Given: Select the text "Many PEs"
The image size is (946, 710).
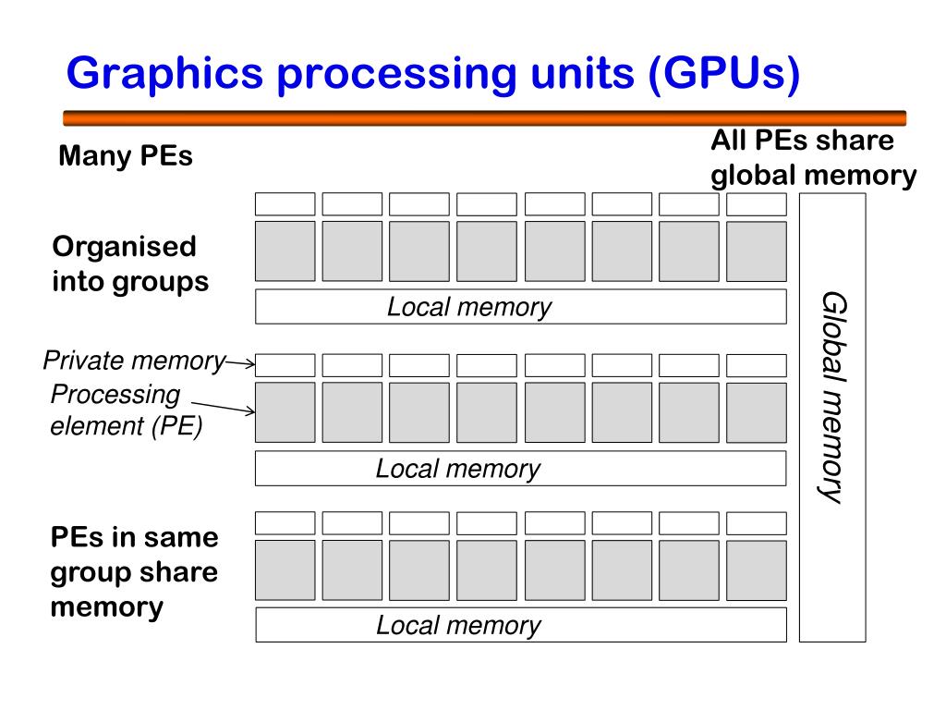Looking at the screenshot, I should click(x=126, y=156).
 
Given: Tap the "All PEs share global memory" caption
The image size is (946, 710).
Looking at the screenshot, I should click(x=813, y=158).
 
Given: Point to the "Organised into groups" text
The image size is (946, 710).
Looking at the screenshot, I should click(x=130, y=263).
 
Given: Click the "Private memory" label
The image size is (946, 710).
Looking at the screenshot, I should click(x=134, y=361).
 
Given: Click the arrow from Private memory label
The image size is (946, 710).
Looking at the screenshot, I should click(x=240, y=364).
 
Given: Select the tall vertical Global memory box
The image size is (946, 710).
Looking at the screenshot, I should click(x=831, y=417).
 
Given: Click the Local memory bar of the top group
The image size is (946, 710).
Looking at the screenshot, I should click(x=520, y=306).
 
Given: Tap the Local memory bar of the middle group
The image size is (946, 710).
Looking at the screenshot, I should click(x=520, y=468).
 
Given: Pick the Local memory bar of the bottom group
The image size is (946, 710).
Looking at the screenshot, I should click(x=520, y=625).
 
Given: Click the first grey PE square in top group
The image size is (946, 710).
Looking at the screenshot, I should click(x=285, y=251).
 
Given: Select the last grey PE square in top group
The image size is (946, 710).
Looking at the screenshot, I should click(x=756, y=251).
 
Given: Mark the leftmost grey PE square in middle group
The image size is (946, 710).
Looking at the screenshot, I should click(x=285, y=412).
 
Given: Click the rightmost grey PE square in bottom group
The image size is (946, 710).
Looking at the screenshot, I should click(x=756, y=570).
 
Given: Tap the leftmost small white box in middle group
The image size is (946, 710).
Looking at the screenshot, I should click(x=285, y=365).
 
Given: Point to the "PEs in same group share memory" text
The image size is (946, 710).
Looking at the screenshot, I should click(x=134, y=571).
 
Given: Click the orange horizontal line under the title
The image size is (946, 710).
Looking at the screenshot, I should click(x=484, y=117).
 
